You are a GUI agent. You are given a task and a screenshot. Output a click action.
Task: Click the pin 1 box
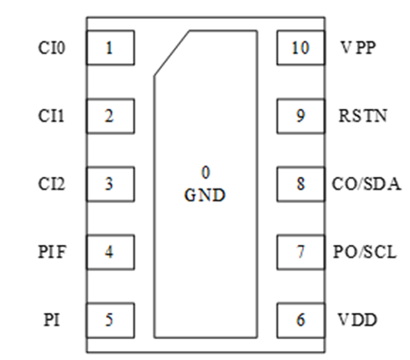click(x=111, y=47)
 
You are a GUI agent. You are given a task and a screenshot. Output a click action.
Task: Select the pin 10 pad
click(x=301, y=47)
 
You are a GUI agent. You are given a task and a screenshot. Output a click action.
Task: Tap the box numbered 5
click(x=111, y=320)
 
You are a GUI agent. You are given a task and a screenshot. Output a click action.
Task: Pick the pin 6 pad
click(x=301, y=320)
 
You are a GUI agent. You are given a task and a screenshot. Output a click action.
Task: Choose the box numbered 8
click(x=301, y=184)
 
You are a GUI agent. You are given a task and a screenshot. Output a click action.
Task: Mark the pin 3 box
click(x=111, y=184)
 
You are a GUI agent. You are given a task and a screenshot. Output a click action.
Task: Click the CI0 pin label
click(x=52, y=48)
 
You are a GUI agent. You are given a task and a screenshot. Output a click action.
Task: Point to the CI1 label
click(x=52, y=116)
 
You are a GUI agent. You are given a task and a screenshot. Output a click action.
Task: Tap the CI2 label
click(x=52, y=184)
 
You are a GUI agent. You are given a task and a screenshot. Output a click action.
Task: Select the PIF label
click(x=52, y=252)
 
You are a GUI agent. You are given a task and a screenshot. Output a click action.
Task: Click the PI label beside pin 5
click(x=52, y=320)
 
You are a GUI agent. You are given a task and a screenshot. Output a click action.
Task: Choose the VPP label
click(x=358, y=48)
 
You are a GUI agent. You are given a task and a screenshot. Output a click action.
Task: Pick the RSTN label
click(x=363, y=116)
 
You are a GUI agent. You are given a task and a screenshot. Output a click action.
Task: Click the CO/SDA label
click(x=366, y=184)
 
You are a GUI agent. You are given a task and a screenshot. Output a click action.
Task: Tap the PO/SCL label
click(x=365, y=252)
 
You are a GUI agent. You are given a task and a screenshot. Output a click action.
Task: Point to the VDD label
click(x=357, y=320)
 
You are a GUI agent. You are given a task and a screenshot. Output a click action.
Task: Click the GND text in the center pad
click(x=205, y=195)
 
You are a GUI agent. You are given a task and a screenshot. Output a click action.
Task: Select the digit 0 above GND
click(x=205, y=172)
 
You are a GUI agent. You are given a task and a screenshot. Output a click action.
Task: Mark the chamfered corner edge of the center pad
click(x=172, y=53)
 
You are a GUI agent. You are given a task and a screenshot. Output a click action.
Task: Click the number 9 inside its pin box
click(x=300, y=116)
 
